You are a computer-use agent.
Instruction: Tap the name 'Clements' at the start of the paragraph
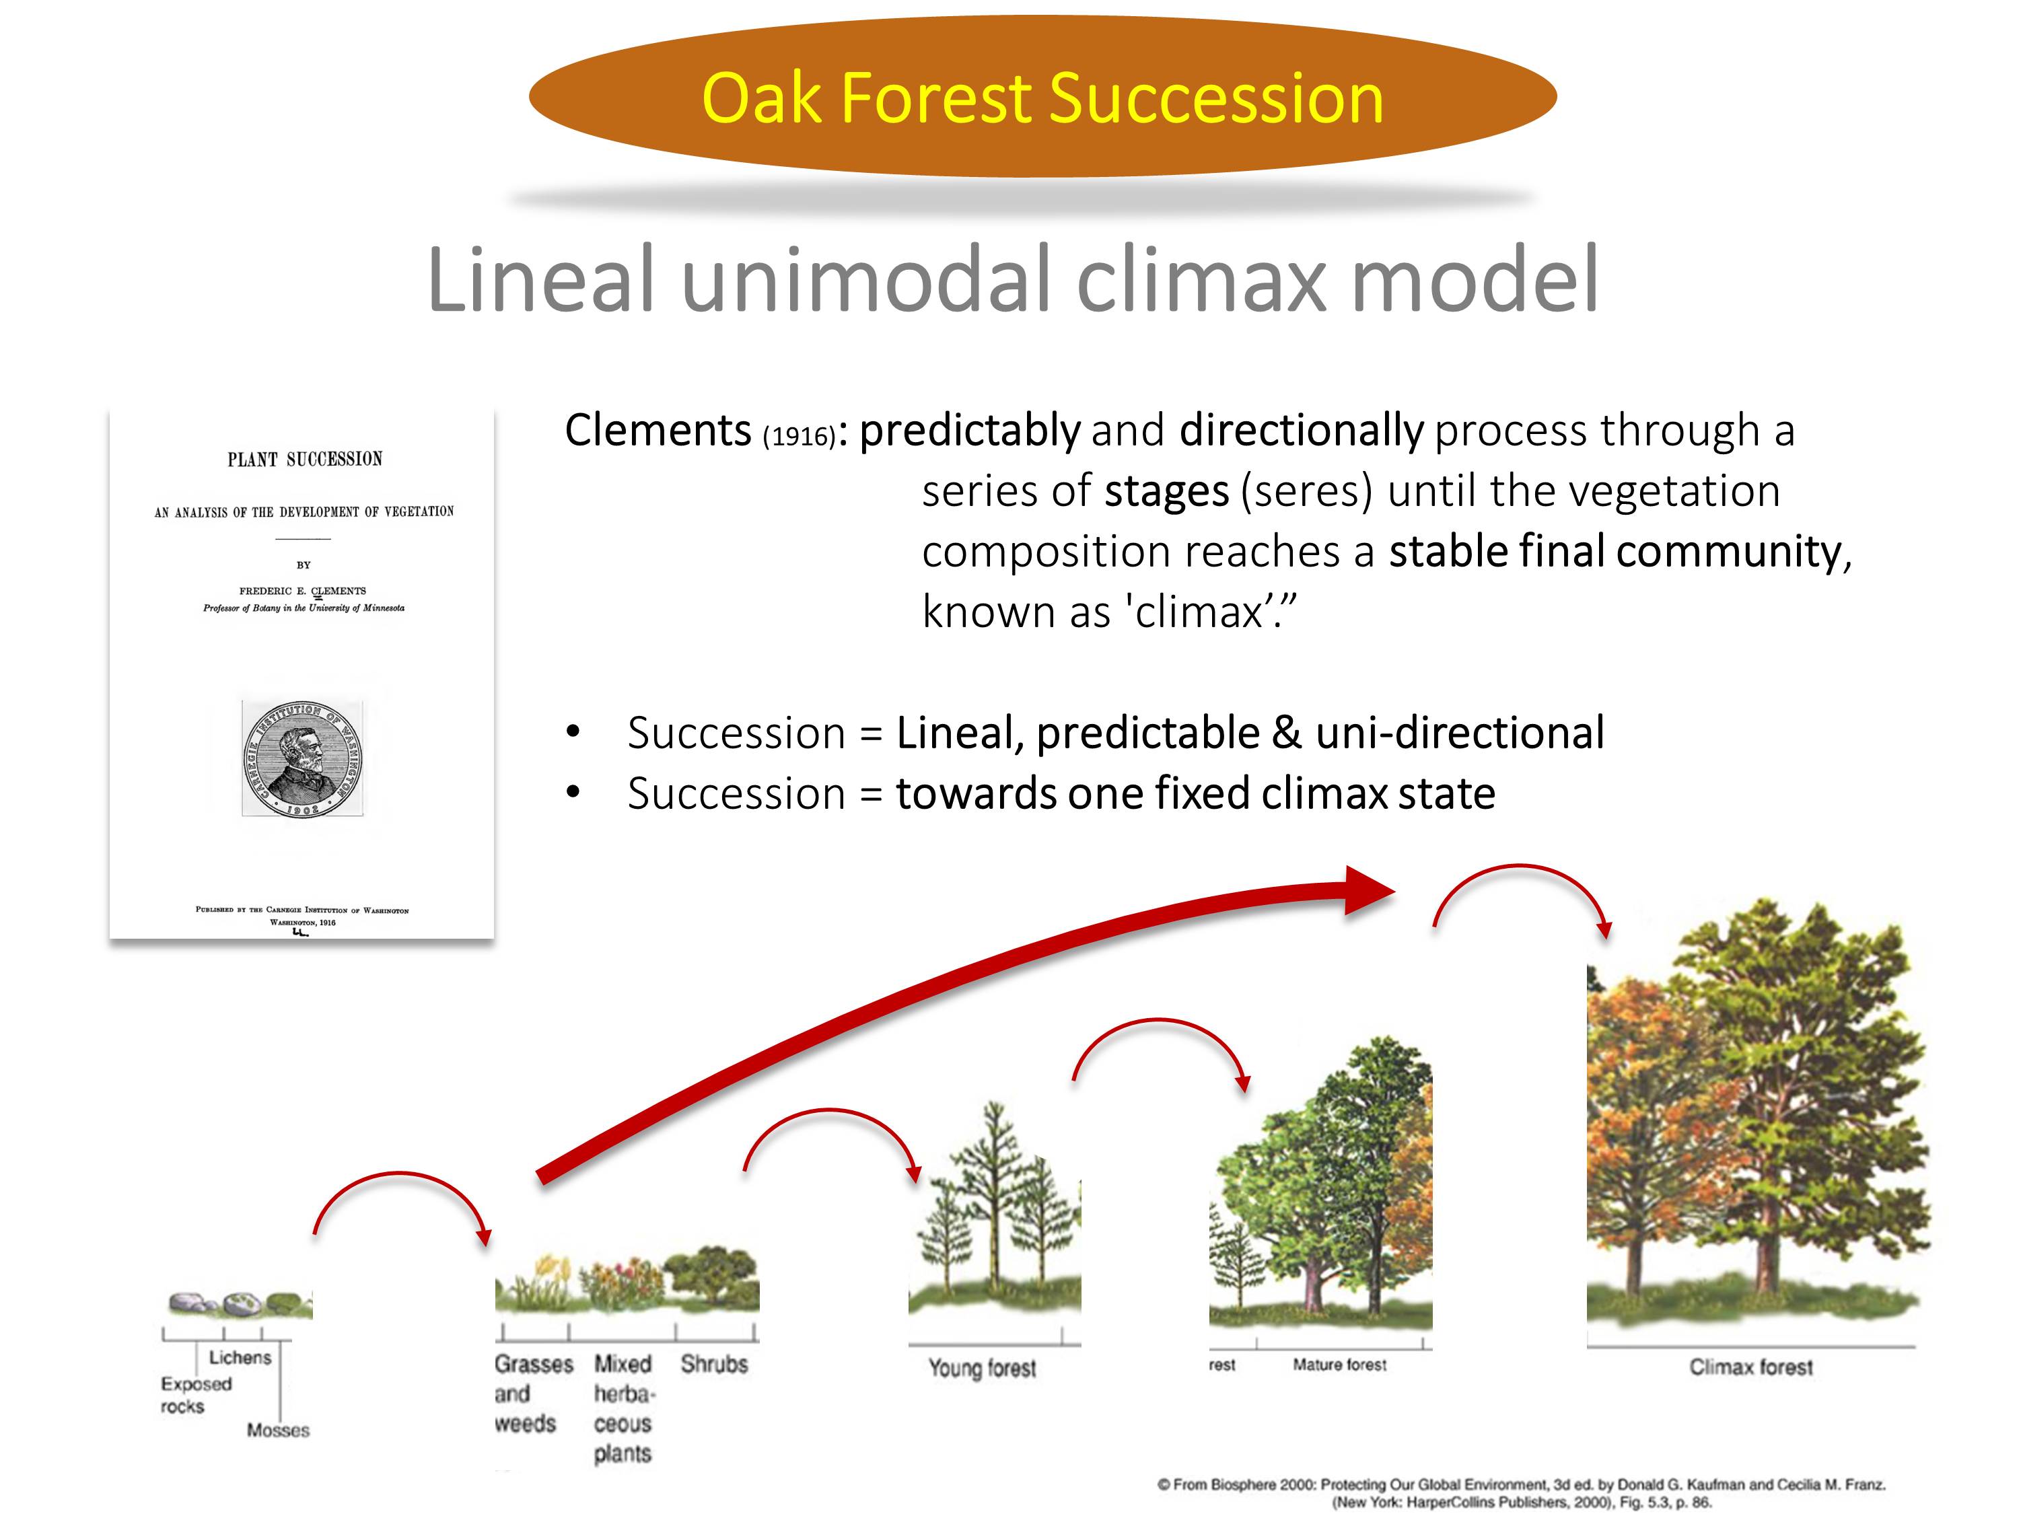tap(657, 430)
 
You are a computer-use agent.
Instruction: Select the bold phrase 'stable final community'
tap(1616, 551)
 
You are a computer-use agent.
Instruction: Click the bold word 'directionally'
tap(1301, 430)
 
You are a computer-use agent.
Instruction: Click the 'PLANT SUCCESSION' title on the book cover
tap(305, 459)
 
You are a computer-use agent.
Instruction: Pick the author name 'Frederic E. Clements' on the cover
tap(302, 590)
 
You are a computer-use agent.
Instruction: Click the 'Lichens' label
tap(240, 1358)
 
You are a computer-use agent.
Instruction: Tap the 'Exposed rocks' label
tap(194, 1394)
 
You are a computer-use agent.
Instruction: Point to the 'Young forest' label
tap(982, 1368)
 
